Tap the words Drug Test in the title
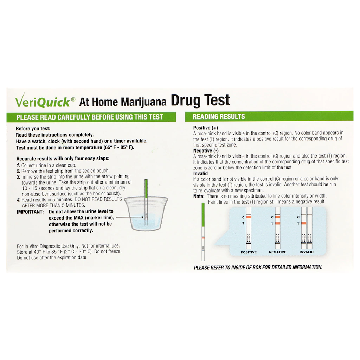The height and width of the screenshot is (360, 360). coord(200,100)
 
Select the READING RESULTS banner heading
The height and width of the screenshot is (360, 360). coord(219,117)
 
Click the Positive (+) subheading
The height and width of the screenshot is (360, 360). coord(205,128)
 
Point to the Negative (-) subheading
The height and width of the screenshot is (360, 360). coord(206,151)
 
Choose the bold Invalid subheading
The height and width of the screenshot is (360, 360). coord(200,174)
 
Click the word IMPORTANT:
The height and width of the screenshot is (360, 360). coord(30,212)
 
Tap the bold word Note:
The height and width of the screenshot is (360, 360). coord(199,196)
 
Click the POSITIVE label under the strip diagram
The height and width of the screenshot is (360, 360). coord(249,252)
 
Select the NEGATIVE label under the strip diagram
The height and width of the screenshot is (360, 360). coord(278,252)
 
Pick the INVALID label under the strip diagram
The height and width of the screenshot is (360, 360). coord(307,252)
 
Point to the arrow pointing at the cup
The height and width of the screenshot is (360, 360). coord(130,217)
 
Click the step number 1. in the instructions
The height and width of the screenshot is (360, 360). coord(18,165)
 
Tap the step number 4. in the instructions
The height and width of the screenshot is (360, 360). coord(19,200)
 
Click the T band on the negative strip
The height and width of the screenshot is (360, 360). coord(278,223)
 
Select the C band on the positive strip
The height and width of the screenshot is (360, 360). coord(249,217)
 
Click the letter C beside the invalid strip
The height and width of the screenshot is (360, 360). coord(298,217)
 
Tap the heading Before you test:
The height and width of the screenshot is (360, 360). coord(33,129)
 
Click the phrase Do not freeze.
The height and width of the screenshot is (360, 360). coord(108,251)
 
